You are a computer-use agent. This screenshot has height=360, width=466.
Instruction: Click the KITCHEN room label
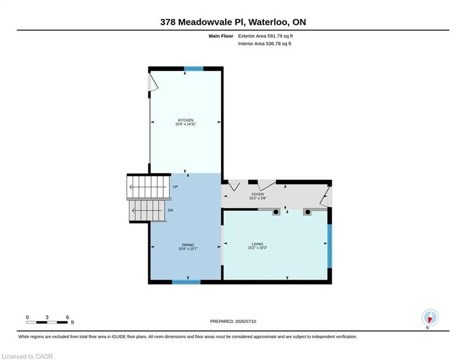tap(186, 120)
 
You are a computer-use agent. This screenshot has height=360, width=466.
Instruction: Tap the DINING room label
tap(188, 245)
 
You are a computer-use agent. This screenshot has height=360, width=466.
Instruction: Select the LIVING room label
tap(258, 244)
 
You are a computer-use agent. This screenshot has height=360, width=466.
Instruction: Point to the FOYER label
tap(258, 194)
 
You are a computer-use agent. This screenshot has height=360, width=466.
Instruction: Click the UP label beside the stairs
tap(175, 187)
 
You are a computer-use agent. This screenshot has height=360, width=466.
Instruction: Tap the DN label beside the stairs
tap(170, 210)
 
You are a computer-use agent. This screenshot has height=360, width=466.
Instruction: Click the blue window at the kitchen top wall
tap(193, 69)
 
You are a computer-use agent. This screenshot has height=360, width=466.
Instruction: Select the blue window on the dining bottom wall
tap(186, 282)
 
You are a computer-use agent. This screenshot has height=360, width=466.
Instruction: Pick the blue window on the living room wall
tap(330, 246)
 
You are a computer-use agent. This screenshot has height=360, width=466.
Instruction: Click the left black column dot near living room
tap(276, 212)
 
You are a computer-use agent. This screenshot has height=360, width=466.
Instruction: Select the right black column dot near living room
tap(308, 212)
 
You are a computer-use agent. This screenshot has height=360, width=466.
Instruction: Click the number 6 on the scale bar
tap(67, 317)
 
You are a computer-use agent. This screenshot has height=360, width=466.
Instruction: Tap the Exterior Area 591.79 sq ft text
tap(266, 36)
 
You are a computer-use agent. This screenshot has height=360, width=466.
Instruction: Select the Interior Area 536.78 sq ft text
tap(265, 44)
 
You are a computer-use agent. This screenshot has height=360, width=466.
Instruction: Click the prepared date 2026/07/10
tap(245, 321)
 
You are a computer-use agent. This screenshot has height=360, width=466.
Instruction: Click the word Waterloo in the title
tap(268, 22)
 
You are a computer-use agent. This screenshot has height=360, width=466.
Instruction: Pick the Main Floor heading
tap(221, 36)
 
